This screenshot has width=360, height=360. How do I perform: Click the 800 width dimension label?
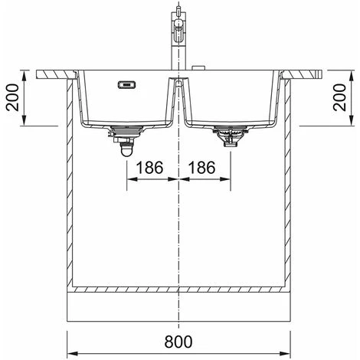178,342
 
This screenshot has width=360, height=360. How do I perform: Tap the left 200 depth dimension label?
12,97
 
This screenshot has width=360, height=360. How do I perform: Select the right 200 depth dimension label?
340,97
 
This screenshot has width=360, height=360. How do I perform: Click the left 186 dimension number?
149,168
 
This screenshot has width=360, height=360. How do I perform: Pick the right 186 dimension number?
201,168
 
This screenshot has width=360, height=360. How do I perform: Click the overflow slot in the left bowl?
126,84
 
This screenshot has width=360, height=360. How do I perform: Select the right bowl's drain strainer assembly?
230,136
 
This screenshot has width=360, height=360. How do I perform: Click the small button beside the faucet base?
198,68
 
